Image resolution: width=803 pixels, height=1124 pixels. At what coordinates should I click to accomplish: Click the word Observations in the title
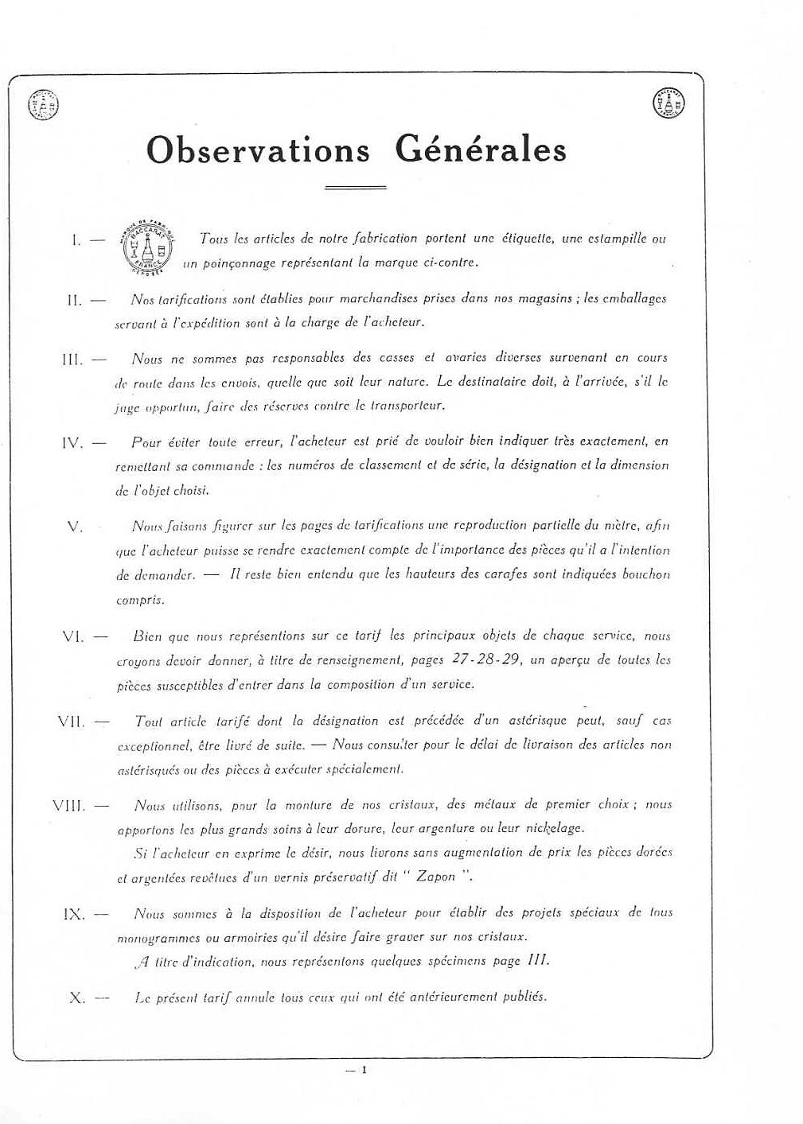(x=258, y=150)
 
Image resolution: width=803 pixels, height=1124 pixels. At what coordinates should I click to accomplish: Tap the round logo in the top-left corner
(x=44, y=105)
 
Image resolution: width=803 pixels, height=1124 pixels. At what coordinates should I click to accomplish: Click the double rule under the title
(x=356, y=188)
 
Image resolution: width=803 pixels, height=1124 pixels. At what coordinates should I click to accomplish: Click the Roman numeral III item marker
(x=72, y=360)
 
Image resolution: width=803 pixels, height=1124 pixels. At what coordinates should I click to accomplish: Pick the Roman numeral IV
(x=72, y=443)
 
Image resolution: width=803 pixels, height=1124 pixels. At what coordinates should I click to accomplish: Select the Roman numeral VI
(x=72, y=637)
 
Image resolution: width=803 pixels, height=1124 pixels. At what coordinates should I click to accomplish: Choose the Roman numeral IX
(x=73, y=915)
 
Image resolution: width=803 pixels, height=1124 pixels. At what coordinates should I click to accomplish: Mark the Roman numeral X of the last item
(x=77, y=998)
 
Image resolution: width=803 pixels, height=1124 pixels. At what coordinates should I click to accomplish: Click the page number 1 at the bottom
(x=364, y=1070)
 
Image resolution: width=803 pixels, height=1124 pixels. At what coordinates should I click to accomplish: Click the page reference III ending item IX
(x=538, y=960)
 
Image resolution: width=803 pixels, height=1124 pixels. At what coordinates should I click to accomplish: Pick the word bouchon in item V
(x=646, y=574)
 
